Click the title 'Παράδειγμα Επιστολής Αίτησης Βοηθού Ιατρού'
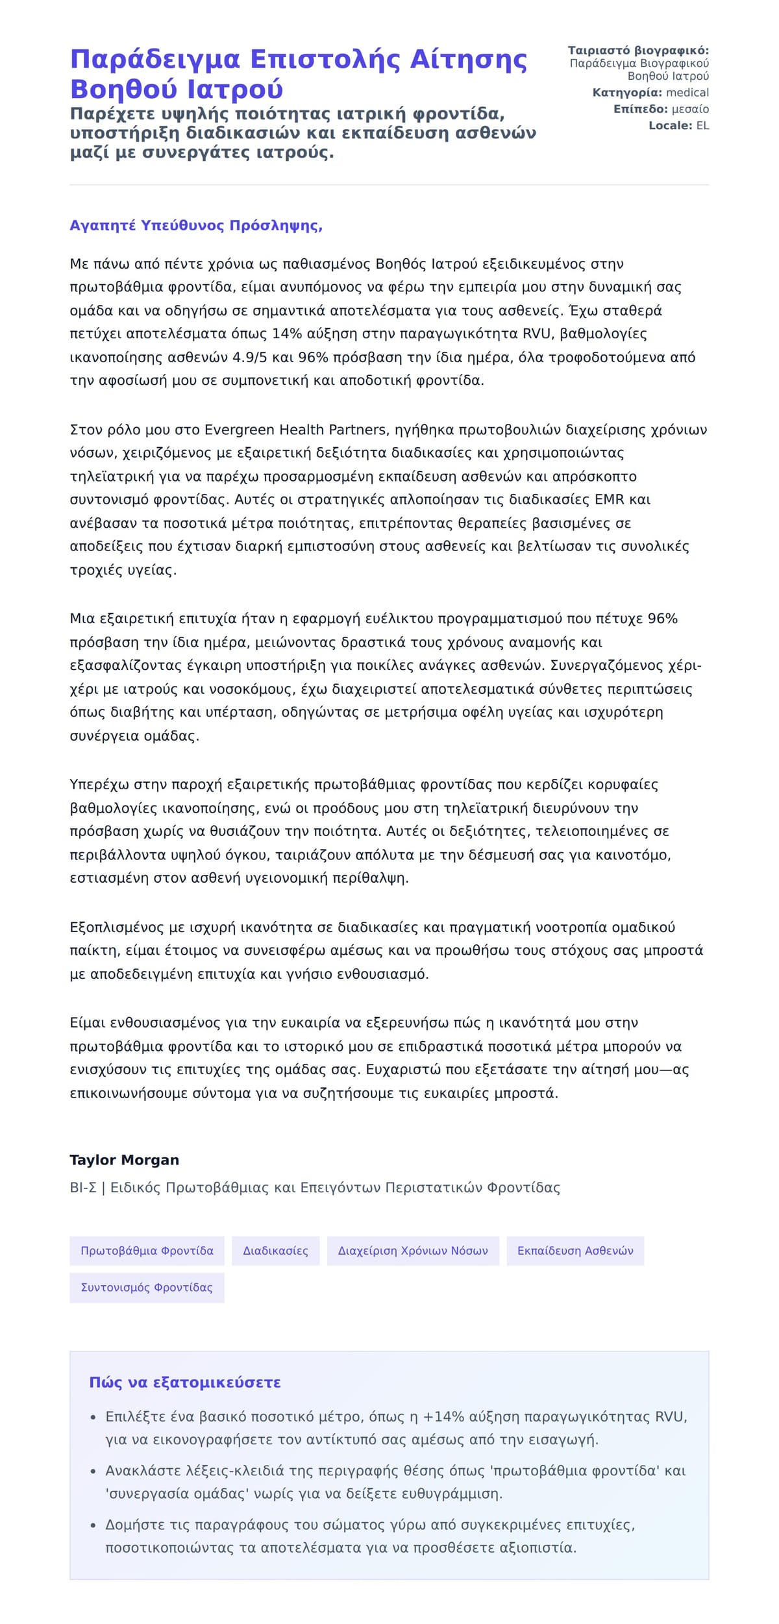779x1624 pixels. (x=299, y=73)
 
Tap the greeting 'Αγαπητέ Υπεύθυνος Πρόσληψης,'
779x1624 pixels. (x=196, y=226)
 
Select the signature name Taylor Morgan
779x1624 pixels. (x=124, y=1160)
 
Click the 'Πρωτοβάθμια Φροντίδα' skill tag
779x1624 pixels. (x=147, y=1251)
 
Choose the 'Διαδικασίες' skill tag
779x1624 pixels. (x=275, y=1251)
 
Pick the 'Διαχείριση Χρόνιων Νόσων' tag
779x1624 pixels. (x=413, y=1251)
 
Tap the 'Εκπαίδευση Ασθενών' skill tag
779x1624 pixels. (x=575, y=1251)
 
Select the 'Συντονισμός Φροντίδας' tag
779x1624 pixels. (x=147, y=1288)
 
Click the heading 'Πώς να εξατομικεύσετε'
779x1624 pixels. (x=185, y=1383)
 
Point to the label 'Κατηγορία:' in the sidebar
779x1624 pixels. (x=627, y=93)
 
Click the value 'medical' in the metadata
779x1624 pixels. (x=687, y=93)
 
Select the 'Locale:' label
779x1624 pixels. (x=671, y=126)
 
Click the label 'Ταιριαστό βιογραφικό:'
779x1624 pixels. (x=638, y=51)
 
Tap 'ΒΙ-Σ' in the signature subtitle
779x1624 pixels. (x=83, y=1188)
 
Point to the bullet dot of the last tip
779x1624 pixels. (x=93, y=1526)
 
